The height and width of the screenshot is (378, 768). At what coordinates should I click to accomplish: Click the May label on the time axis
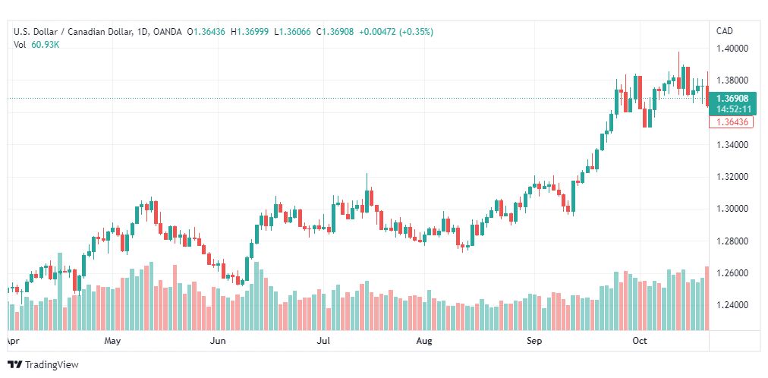[x=112, y=341]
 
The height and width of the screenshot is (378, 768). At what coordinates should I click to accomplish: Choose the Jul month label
[x=323, y=341]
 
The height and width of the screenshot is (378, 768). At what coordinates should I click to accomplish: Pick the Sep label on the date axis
[x=534, y=341]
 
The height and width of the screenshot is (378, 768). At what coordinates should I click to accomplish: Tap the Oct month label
[x=640, y=341]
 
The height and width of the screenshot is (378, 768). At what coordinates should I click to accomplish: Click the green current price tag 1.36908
[x=733, y=99]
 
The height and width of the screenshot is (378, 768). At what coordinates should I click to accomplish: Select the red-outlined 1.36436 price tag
[x=732, y=122]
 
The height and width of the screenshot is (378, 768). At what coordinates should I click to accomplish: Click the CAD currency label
[x=725, y=31]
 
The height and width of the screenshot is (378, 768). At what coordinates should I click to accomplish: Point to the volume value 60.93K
[x=46, y=45]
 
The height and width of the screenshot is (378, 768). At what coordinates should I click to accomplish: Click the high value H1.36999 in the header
[x=250, y=32]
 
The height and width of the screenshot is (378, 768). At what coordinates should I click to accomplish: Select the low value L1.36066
[x=292, y=32]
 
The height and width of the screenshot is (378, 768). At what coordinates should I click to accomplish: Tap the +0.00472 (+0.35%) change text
[x=396, y=32]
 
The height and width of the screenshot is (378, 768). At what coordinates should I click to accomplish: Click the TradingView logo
[x=43, y=365]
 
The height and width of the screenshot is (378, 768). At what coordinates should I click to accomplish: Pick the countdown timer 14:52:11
[x=733, y=109]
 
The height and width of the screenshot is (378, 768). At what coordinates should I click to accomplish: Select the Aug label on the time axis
[x=424, y=341]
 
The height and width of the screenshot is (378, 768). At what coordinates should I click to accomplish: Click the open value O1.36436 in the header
[x=206, y=32]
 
